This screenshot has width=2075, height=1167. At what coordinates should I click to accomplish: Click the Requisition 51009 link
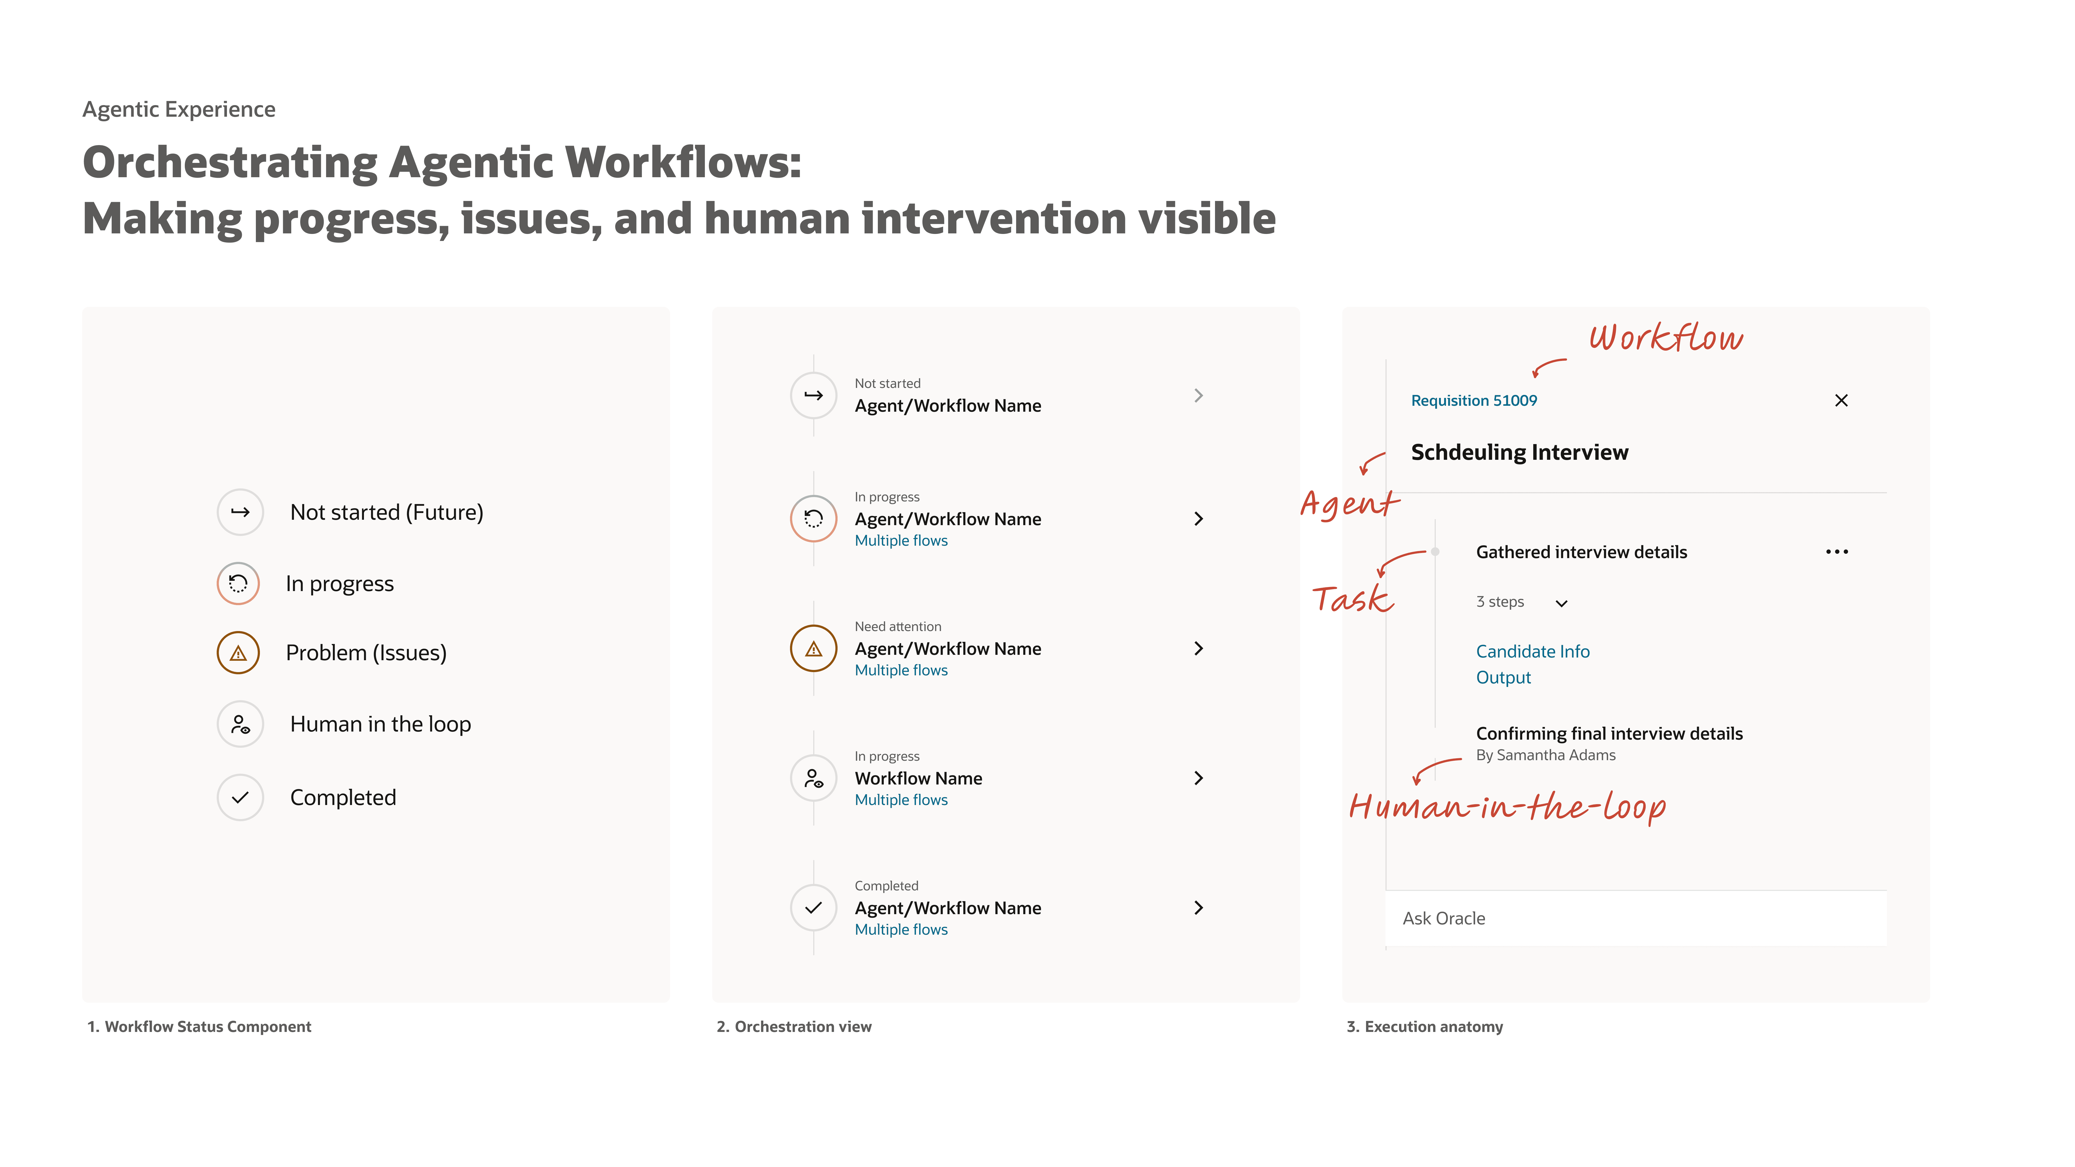coord(1473,400)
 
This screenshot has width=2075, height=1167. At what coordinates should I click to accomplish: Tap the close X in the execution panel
coord(1840,400)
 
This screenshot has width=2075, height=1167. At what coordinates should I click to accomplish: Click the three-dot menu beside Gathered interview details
coord(1837,552)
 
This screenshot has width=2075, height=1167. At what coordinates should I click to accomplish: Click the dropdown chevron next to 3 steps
coord(1561,603)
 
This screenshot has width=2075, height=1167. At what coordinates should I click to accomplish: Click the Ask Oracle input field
coord(1635,918)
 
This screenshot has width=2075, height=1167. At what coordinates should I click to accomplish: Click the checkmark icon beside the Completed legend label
coord(240,797)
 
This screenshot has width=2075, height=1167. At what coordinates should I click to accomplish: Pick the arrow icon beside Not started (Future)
coord(240,512)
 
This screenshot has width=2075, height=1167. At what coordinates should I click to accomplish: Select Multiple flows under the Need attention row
coord(901,670)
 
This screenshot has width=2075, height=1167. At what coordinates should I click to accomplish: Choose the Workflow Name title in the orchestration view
coord(918,778)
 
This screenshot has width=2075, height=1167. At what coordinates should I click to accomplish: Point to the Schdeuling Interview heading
coord(1519,453)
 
